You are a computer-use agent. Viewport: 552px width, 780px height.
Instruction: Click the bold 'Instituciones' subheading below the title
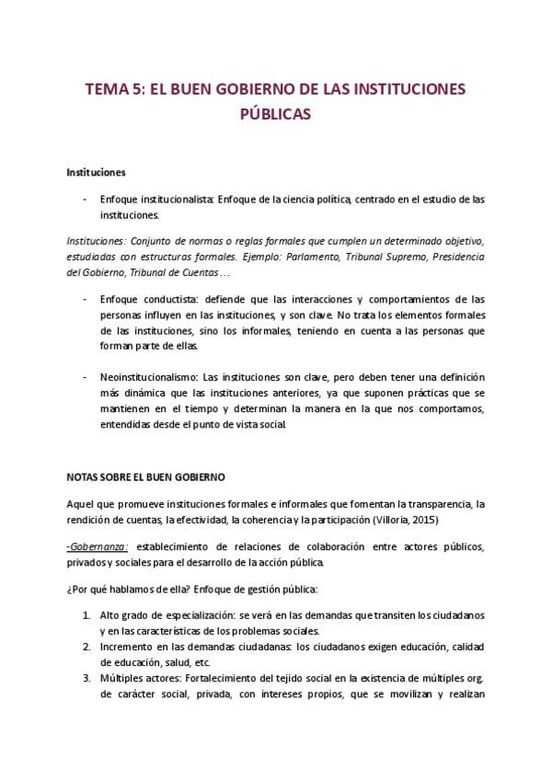tap(97, 172)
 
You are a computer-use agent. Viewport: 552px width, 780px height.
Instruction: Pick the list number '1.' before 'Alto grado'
tap(86, 614)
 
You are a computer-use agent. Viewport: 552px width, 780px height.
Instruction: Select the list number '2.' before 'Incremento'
tap(86, 646)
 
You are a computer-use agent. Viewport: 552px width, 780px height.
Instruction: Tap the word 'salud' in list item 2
tap(182, 661)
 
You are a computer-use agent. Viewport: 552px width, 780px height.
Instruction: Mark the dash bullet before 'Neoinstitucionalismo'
tap(85, 378)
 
